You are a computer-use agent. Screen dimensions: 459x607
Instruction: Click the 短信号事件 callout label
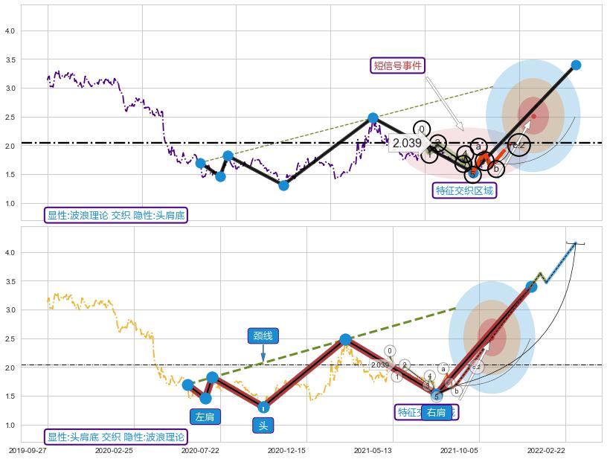[397, 65]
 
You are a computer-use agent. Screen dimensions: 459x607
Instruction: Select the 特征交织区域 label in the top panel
[465, 190]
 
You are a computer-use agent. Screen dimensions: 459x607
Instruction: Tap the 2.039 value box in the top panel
[407, 143]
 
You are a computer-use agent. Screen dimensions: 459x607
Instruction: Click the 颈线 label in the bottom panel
[263, 336]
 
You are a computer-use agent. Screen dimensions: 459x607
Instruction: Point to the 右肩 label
[437, 413]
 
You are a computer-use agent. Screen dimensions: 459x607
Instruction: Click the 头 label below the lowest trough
[263, 426]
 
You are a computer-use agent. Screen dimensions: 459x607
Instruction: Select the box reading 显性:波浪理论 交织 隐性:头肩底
[115, 216]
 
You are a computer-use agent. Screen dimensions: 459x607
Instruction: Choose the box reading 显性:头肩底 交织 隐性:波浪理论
[115, 437]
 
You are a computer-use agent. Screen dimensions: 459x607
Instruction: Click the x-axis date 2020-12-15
[286, 450]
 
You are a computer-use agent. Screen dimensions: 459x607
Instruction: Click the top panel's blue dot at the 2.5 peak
[373, 118]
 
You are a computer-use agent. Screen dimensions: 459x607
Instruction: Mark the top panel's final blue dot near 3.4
[575, 65]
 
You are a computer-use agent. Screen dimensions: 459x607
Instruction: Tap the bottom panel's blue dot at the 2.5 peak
[345, 339]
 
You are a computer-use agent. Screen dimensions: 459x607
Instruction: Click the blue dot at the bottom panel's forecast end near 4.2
[574, 243]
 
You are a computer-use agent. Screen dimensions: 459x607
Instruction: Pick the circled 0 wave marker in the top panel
[422, 129]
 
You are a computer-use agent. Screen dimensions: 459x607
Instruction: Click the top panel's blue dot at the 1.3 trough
[283, 185]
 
